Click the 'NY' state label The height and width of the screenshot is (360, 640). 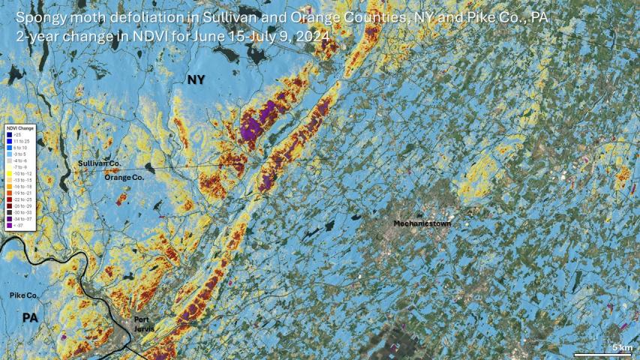tap(197, 79)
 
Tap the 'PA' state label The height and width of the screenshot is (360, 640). tap(30, 318)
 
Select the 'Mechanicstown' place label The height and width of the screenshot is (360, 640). tap(422, 223)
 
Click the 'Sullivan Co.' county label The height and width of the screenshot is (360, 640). tap(99, 163)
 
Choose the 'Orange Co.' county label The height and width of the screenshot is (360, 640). tap(124, 177)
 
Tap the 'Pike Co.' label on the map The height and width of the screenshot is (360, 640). tap(24, 296)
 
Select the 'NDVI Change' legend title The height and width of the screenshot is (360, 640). tap(21, 128)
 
